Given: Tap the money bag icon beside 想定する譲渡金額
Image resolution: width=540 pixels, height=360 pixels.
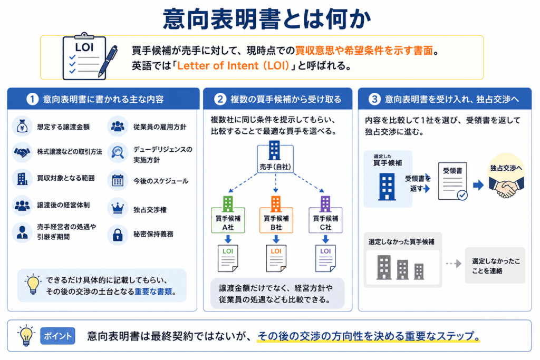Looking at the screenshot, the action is (22, 127).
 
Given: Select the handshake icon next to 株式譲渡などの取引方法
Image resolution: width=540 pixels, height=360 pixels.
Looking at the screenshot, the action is (22, 152).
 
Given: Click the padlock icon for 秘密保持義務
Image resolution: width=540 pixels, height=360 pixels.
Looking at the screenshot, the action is (118, 235).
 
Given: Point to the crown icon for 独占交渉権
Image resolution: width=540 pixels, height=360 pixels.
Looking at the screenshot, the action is (118, 209).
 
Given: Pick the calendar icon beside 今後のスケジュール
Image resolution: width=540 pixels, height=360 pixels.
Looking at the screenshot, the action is (118, 180).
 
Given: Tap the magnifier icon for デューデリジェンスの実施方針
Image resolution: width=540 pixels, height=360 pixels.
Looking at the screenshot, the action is (118, 152).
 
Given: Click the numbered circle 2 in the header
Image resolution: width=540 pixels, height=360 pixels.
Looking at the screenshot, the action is (220, 99).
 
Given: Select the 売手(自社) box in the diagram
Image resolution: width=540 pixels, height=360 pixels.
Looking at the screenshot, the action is (275, 159).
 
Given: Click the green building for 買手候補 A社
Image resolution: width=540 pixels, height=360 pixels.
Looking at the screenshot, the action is (228, 204).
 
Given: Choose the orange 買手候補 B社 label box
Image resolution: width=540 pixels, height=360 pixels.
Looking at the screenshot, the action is (276, 220).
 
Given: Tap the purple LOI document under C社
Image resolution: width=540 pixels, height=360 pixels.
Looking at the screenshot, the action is (325, 258).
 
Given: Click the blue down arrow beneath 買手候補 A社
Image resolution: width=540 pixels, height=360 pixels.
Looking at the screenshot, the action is (228, 239).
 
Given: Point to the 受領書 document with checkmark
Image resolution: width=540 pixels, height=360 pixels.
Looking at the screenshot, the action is (453, 181).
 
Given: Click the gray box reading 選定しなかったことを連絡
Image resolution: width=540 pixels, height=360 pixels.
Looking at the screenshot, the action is (495, 265).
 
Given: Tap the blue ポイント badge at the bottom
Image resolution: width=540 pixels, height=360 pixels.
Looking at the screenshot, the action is (57, 336).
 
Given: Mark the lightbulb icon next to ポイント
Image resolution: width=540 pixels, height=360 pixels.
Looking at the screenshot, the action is (26, 335).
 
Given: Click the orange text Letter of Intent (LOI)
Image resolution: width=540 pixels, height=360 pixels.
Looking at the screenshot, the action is (233, 65).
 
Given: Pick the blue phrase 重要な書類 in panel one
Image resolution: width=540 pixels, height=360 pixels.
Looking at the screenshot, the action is (153, 291).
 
